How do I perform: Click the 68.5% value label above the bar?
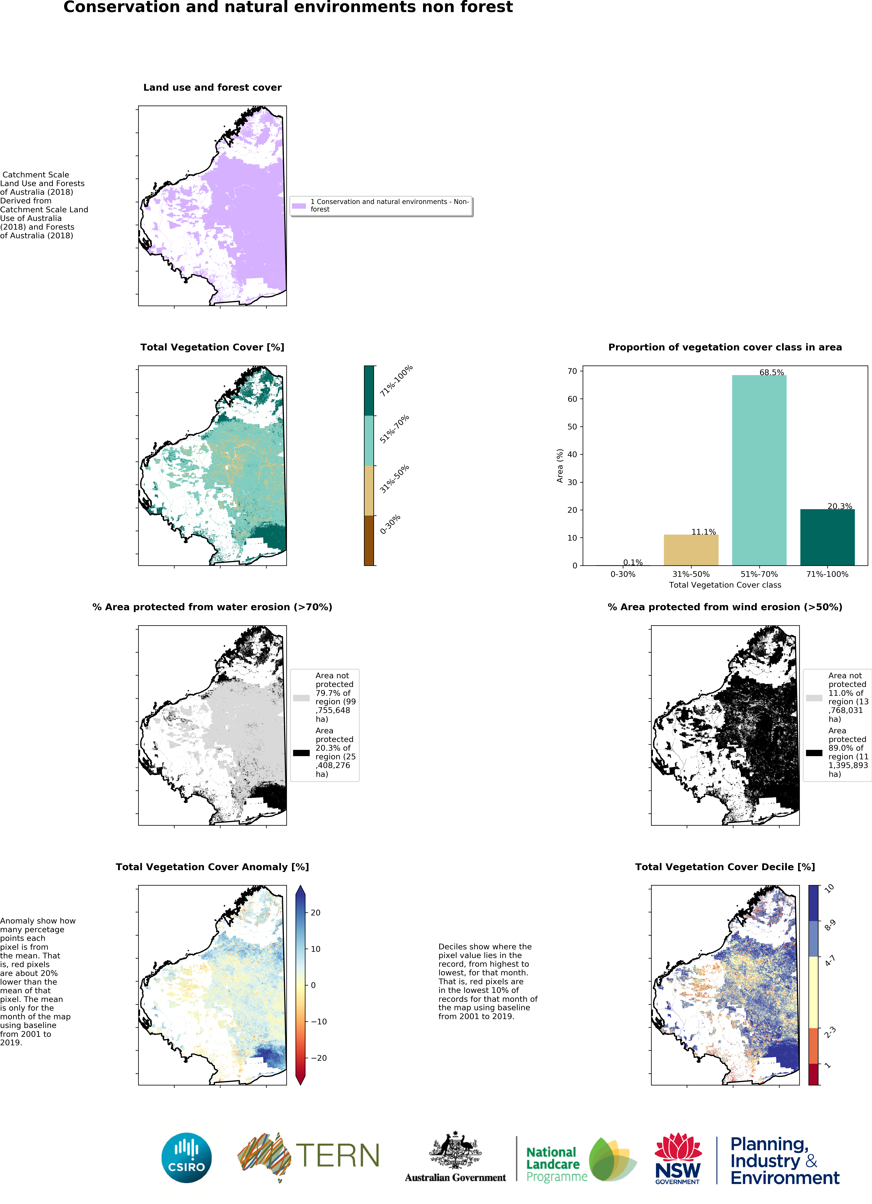(x=771, y=372)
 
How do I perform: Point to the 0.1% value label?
(x=633, y=562)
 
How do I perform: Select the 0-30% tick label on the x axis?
(x=623, y=574)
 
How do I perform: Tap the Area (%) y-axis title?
(x=559, y=466)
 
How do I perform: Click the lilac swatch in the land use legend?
(x=299, y=205)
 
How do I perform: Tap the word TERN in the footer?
(x=338, y=1155)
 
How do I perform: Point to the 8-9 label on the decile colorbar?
(x=830, y=925)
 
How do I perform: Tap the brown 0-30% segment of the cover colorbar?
(x=369, y=540)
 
